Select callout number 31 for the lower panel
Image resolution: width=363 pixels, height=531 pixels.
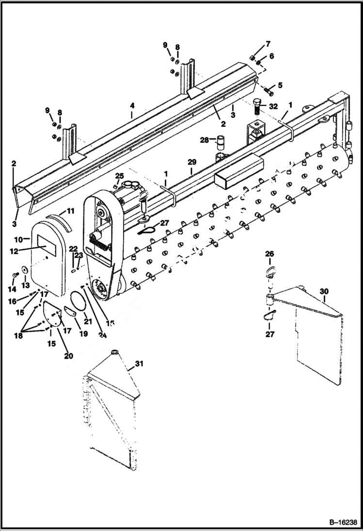pyautogui.click(x=139, y=363)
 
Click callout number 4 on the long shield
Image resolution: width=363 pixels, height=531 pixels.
pyautogui.click(x=131, y=116)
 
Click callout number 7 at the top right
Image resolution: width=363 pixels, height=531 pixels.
pyautogui.click(x=268, y=45)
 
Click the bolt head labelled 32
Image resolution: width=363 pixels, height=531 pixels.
pyautogui.click(x=257, y=104)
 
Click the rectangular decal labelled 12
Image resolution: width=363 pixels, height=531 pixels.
pyautogui.click(x=47, y=246)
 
